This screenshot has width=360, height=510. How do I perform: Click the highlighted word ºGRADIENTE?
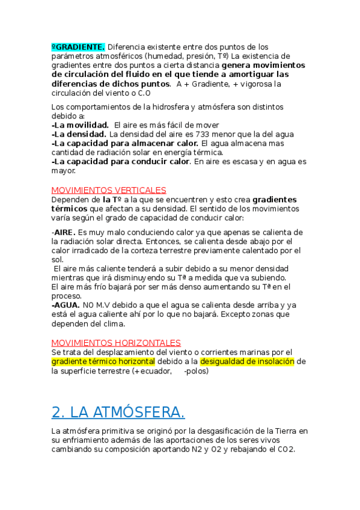(78, 47)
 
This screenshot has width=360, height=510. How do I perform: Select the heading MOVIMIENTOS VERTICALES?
(109, 190)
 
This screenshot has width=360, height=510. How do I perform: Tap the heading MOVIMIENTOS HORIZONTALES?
(116, 343)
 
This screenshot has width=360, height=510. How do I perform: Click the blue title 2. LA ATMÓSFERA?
(118, 412)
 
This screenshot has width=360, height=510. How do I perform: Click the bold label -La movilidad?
(80, 124)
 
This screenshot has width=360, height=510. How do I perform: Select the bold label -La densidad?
(79, 134)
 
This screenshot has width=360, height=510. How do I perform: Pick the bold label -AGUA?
(66, 305)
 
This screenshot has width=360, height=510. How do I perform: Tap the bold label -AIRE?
(64, 232)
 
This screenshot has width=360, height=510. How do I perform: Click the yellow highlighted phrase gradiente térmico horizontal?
(103, 361)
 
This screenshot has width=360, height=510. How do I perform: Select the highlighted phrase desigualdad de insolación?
(248, 361)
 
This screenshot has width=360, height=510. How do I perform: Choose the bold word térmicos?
(69, 209)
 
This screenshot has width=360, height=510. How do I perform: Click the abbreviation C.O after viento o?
(144, 94)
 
